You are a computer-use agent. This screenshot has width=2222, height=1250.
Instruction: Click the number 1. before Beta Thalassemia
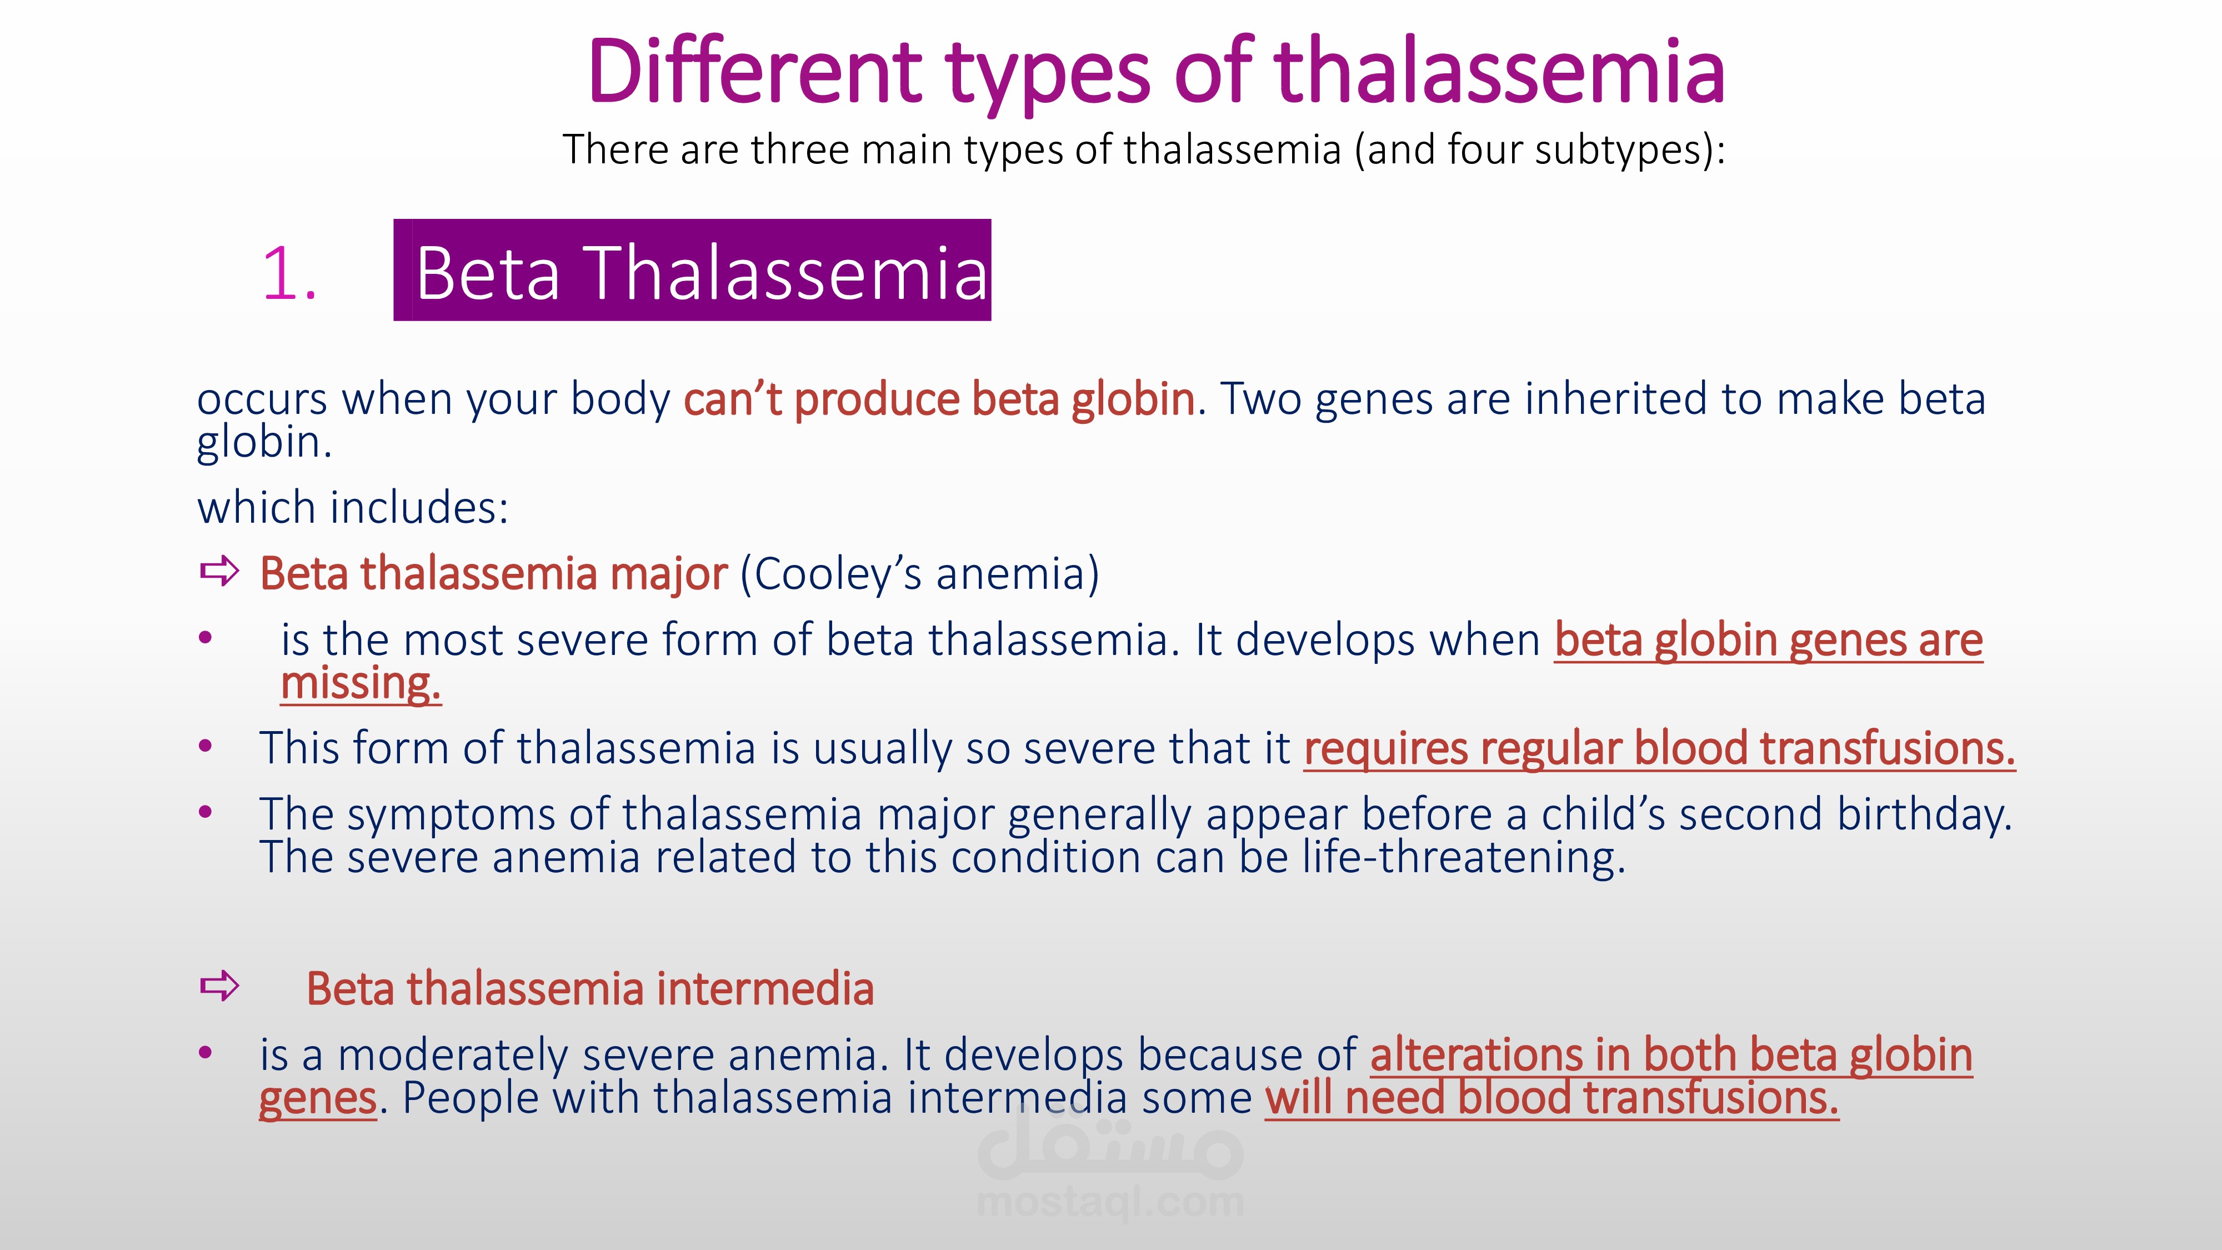(x=289, y=274)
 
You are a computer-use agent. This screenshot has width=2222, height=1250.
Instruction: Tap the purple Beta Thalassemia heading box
(x=692, y=270)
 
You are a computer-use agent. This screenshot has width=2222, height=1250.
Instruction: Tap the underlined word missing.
(x=361, y=683)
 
